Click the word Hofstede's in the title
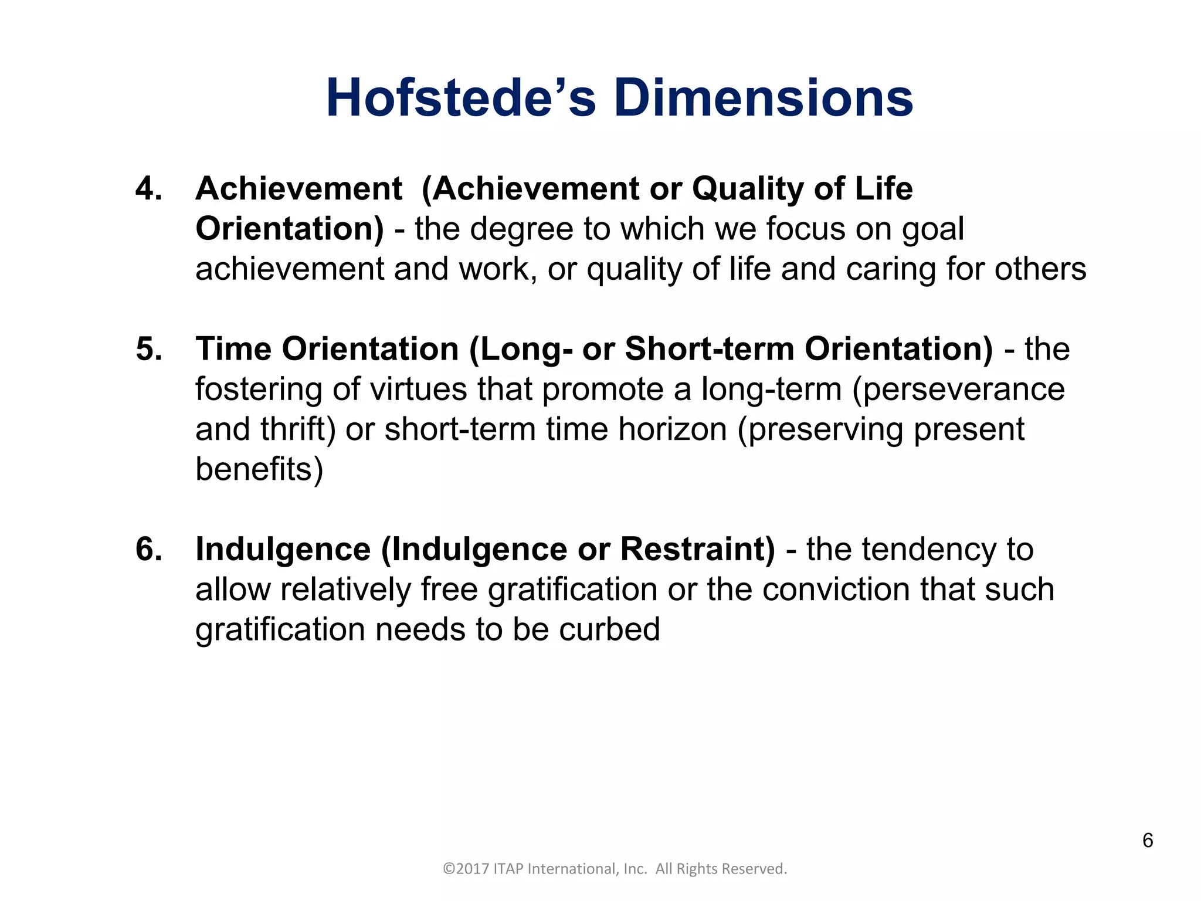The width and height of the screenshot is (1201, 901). point(461,98)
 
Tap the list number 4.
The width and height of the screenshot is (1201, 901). point(149,189)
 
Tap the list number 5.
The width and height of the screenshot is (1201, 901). point(149,349)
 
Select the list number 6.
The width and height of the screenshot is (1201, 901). point(149,550)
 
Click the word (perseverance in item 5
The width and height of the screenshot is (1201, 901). point(958,389)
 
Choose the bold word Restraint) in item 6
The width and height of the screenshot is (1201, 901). point(697,550)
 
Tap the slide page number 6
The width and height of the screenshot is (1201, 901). point(1148,841)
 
